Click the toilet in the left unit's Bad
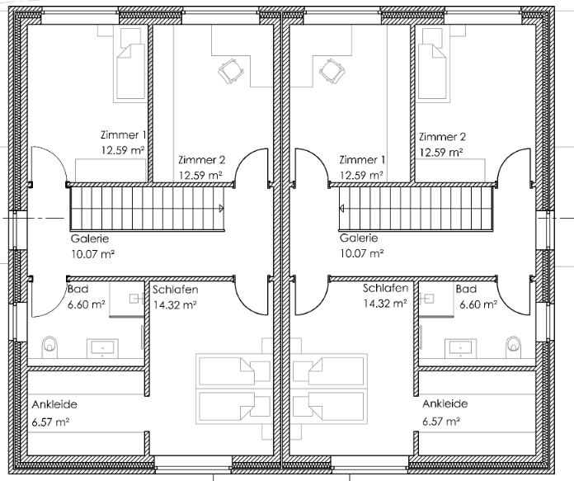pos(50,347)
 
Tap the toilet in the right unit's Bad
pos(513,347)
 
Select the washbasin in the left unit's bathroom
pos(102,348)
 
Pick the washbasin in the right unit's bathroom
pos(460,348)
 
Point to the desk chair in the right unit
pos(332,71)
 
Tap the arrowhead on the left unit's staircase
pos(221,209)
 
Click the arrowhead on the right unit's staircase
pos(341,209)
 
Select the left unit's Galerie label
pos(90,238)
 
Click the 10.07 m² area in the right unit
pos(362,253)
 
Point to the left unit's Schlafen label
pos(176,290)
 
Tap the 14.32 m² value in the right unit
pos(385,304)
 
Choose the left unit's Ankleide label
pos(54,404)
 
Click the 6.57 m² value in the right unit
pos(441,422)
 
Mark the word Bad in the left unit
pos(78,289)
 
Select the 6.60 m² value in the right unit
pos(478,304)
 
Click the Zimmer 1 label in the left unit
pos(124,134)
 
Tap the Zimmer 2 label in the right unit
pos(443,137)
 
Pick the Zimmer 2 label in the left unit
pos(202,160)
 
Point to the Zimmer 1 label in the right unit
pos(362,160)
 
